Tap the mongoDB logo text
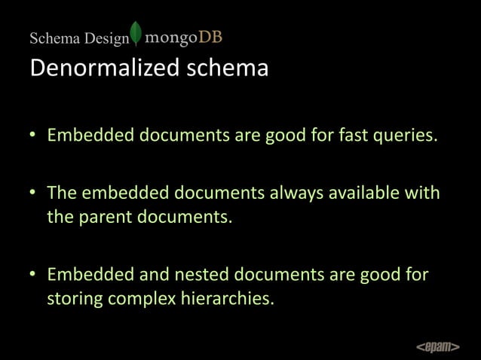183,37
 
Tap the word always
291,194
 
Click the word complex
141,300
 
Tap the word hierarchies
225,300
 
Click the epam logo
438,346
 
